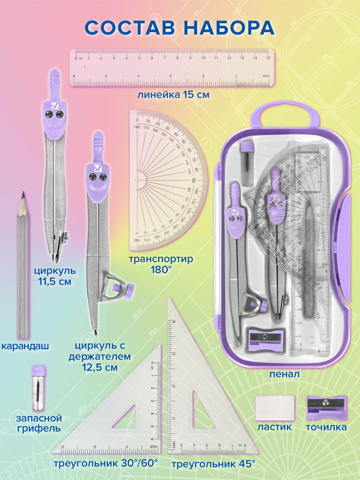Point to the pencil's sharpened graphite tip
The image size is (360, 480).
pyautogui.click(x=23, y=196)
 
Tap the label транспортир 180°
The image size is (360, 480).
pyautogui.click(x=161, y=264)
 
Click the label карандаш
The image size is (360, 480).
pyautogui.click(x=25, y=346)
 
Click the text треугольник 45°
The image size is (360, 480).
pyautogui.click(x=213, y=464)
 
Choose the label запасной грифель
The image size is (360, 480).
pyautogui.click(x=39, y=424)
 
